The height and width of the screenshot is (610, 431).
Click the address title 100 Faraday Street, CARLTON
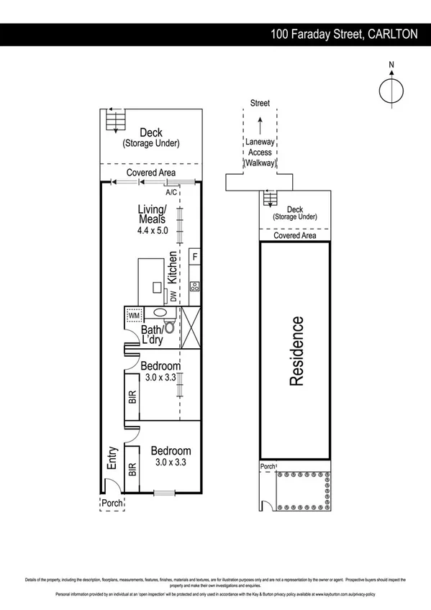343,33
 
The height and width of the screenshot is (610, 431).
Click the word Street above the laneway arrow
260,104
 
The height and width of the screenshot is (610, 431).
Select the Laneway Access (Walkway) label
260,152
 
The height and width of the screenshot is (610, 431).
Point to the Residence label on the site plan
296,351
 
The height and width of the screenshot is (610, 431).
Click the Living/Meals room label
152,214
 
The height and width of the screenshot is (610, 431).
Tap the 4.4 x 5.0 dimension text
152,231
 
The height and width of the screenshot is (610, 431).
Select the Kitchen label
173,267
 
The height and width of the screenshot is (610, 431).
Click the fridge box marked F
195,256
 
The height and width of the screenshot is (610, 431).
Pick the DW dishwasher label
173,294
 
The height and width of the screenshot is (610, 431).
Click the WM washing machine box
134,315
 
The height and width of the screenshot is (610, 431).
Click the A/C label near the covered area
171,193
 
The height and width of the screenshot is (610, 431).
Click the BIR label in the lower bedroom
132,470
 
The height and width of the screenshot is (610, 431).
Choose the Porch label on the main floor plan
111,503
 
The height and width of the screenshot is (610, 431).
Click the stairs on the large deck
112,120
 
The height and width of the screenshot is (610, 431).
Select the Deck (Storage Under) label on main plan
151,137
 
